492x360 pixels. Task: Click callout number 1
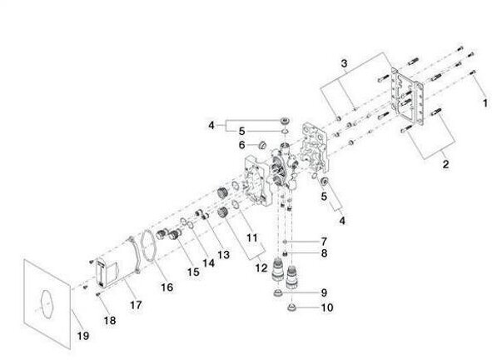pos(485,103)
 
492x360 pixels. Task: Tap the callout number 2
pos(445,164)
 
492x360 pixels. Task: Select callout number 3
pos(344,63)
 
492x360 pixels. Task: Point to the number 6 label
pos(241,145)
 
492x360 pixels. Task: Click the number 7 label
pos(324,242)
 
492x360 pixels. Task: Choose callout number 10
pos(326,307)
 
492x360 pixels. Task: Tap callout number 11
pos(252,237)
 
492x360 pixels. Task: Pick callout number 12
pos(261,268)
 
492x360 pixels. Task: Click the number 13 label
pos(224,254)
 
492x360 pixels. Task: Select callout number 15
pos(193,272)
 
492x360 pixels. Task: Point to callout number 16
pos(167,287)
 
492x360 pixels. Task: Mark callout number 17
pos(136,305)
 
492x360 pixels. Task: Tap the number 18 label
pos(110,321)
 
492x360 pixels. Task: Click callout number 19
pos(83,336)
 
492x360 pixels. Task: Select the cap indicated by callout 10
pos(292,307)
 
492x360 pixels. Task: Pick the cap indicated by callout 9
pos(278,293)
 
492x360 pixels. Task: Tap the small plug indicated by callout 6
pos(261,146)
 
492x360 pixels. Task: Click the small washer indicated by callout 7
pos(285,242)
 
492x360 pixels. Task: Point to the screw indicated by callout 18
pos(98,294)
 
